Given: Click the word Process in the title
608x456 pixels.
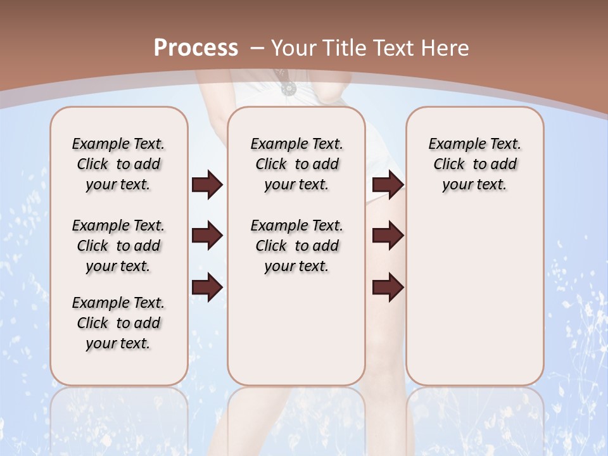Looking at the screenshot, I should (x=196, y=47).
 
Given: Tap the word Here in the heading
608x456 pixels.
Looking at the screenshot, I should (x=446, y=48).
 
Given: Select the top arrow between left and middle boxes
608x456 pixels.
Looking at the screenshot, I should (x=207, y=185).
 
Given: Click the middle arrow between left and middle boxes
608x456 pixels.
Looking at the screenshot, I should (x=207, y=236).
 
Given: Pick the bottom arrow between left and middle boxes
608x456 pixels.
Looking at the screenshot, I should (x=207, y=288).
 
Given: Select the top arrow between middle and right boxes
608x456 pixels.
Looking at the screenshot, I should (x=388, y=185).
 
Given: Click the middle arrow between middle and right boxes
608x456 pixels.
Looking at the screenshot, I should (x=388, y=236).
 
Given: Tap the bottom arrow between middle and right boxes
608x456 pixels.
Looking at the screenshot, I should (x=388, y=288).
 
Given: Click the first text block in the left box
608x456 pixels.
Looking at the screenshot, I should (x=118, y=164).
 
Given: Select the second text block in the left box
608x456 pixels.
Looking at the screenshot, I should (x=118, y=246).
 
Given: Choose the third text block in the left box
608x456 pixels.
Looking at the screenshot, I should (x=118, y=323).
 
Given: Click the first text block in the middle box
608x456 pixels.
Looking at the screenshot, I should (x=296, y=164).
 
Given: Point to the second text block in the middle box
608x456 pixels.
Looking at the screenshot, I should (x=296, y=246).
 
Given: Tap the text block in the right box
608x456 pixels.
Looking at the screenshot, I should (x=474, y=164).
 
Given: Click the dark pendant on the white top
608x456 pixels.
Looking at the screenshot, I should (x=288, y=87).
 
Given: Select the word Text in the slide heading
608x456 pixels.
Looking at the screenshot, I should (x=395, y=48).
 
